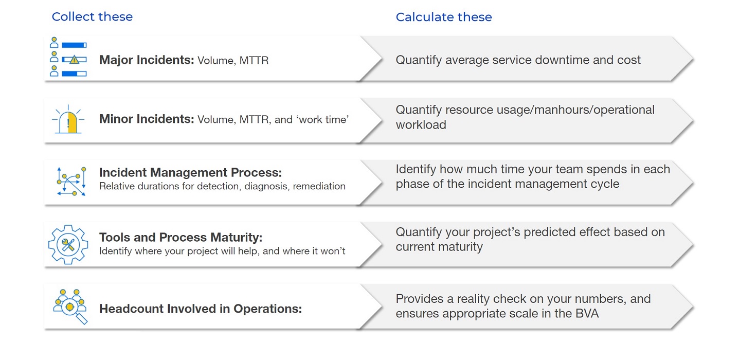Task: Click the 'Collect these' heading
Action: click(x=92, y=16)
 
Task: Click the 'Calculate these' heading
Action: click(x=444, y=17)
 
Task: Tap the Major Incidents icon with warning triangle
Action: click(x=68, y=57)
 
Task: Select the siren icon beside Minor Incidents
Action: click(x=68, y=119)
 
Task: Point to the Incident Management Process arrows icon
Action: click(x=71, y=181)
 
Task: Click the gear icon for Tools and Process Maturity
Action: click(x=68, y=244)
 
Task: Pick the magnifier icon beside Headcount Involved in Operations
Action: click(x=70, y=307)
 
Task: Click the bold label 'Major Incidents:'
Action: click(x=147, y=60)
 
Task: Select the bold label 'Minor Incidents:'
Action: click(x=147, y=119)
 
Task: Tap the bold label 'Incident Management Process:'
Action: click(x=190, y=172)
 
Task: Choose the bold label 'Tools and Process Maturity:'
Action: click(x=181, y=237)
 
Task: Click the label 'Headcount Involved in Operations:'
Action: click(x=201, y=309)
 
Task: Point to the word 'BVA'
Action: click(x=587, y=314)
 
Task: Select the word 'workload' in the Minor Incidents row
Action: click(x=421, y=125)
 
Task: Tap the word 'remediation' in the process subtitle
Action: click(x=319, y=186)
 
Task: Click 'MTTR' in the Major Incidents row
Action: click(x=254, y=60)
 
